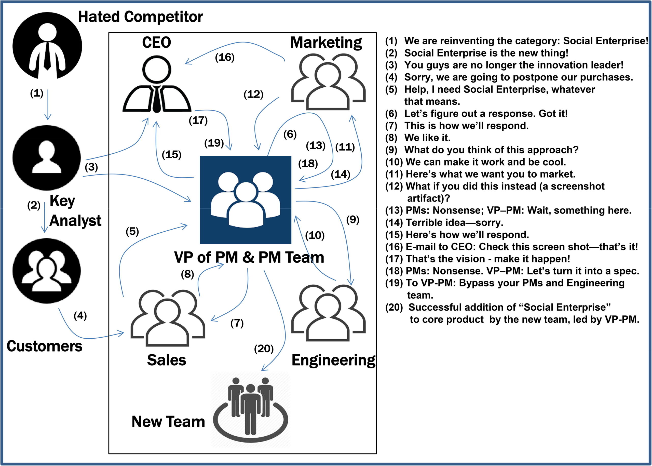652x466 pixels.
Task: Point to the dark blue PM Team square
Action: pos(246,200)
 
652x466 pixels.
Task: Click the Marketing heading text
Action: pos(326,43)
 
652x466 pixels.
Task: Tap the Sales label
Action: pos(166,360)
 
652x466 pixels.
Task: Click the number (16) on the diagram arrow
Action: pos(225,57)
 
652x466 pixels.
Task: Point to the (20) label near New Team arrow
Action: pos(264,349)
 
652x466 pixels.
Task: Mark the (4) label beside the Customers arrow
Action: pos(80,316)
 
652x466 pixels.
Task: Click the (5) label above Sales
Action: pos(132,231)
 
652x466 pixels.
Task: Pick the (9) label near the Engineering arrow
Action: pos(352,220)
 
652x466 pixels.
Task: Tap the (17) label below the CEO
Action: pos(198,120)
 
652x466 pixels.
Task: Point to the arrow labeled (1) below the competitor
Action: pos(48,105)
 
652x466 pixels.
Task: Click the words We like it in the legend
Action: pos(427,138)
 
